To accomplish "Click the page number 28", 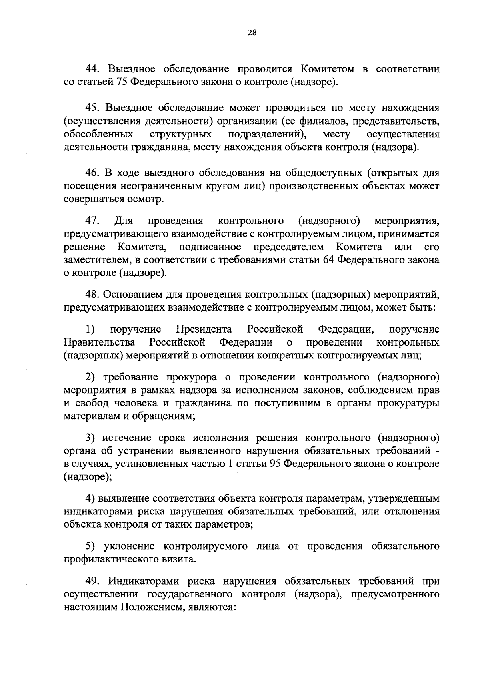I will [252, 33].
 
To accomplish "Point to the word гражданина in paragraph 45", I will [160, 147].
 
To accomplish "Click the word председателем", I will [289, 247].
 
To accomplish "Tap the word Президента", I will [204, 329].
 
